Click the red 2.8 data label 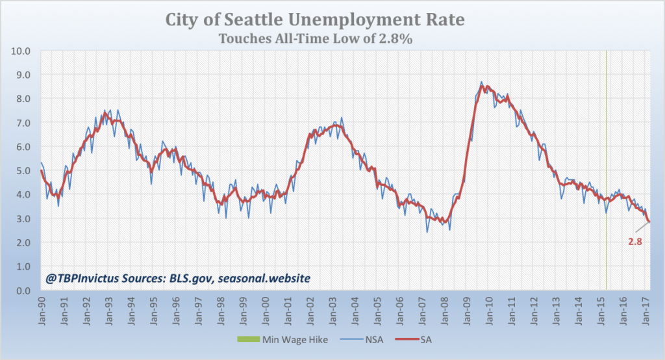[x=635, y=242]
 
